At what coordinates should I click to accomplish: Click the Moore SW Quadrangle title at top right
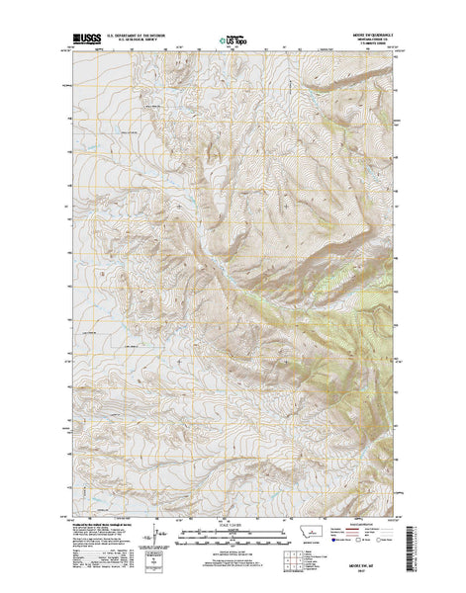click(371, 36)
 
